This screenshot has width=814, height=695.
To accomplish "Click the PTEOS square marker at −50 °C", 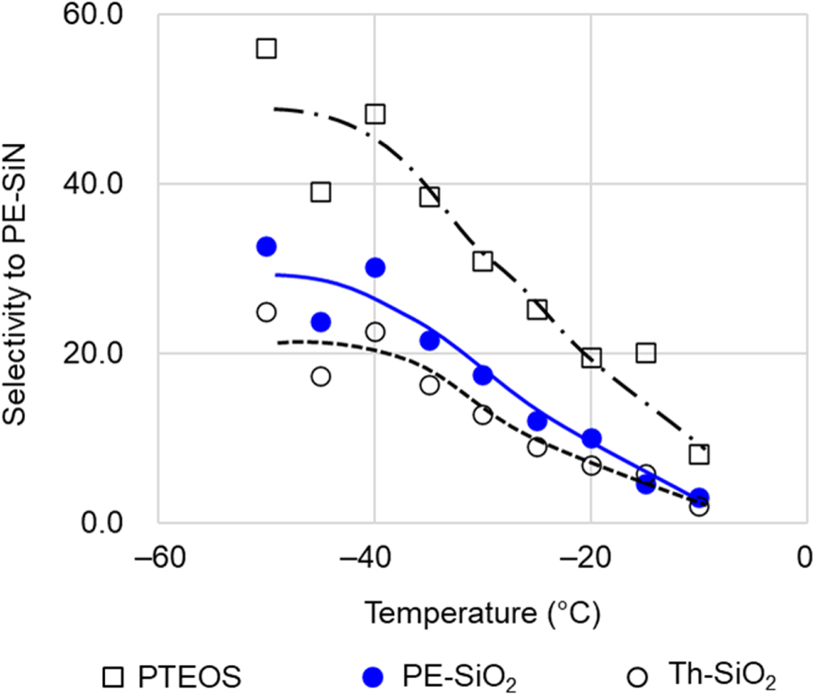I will point(266,48).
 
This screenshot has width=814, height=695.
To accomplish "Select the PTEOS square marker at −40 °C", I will point(374,113).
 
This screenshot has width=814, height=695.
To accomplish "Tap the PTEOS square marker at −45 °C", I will point(321,191).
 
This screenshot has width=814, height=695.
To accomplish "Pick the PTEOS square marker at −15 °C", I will point(646,352).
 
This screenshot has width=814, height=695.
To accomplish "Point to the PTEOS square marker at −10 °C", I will point(699,453).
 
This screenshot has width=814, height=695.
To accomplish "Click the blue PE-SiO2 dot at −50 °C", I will point(266,247).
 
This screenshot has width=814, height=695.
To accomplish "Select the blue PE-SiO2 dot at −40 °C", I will point(374,267).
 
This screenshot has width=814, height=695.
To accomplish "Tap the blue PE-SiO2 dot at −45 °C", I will point(321,322).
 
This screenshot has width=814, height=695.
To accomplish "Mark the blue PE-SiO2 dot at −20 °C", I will point(592,439).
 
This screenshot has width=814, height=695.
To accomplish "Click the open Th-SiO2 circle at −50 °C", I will point(266,312).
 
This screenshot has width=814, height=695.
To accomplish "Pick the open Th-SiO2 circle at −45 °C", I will point(321,376).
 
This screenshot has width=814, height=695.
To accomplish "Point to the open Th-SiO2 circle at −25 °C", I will point(537,447).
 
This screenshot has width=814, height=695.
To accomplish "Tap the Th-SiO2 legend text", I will point(720,675).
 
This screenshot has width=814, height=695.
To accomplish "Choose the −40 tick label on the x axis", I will point(374,559).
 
